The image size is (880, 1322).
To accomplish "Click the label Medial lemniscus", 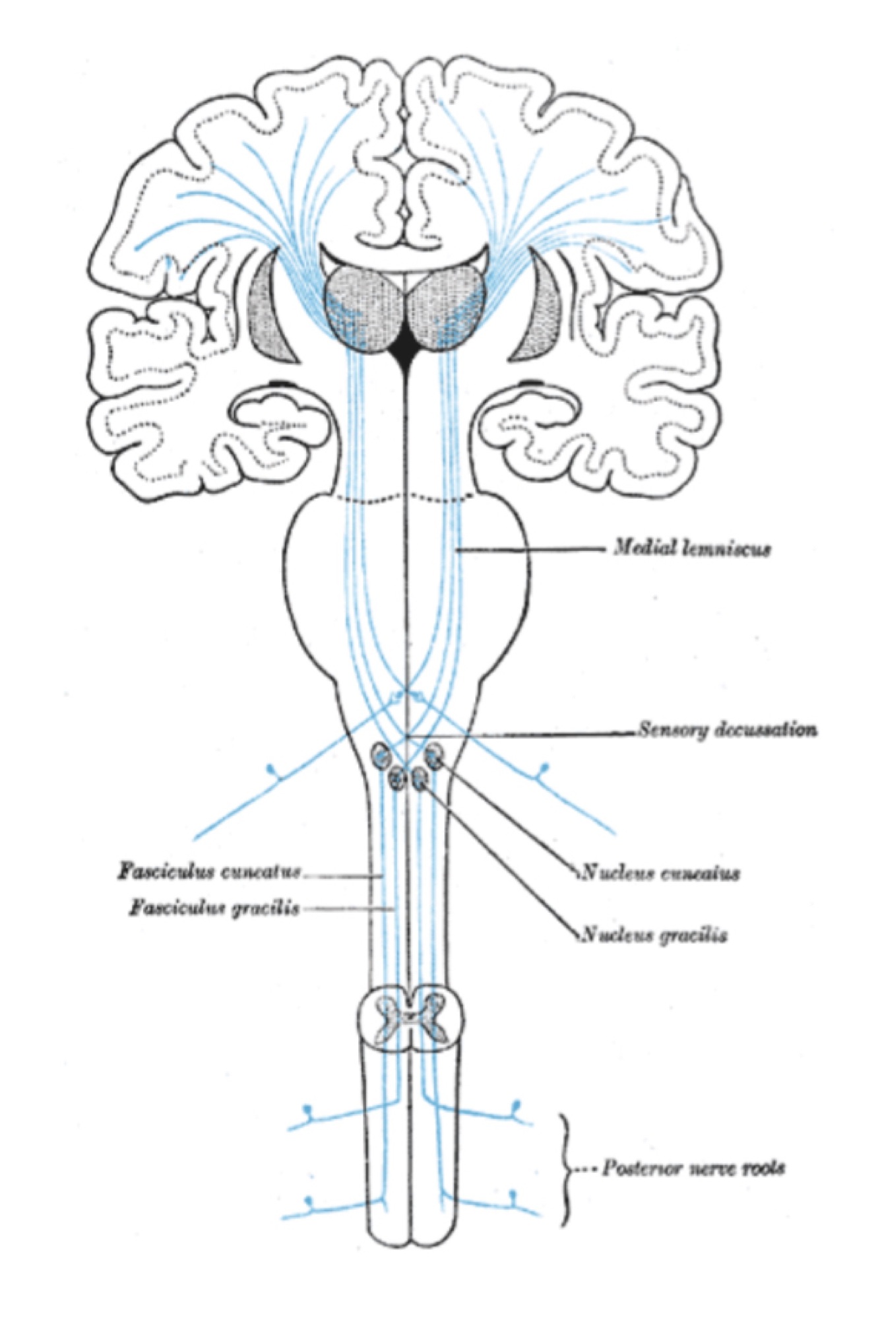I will pyautogui.click(x=691, y=548).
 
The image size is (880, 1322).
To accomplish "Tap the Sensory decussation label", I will pyautogui.click(x=727, y=730).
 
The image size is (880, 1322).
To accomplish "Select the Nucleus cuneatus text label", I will pyautogui.click(x=659, y=873).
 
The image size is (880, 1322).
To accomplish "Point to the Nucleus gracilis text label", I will pyautogui.click(x=654, y=935).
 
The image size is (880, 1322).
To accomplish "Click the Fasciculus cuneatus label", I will pyautogui.click(x=210, y=871).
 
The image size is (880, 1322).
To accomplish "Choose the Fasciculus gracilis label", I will pyautogui.click(x=214, y=908).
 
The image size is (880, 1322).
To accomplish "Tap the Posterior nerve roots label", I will pyautogui.click(x=693, y=1168).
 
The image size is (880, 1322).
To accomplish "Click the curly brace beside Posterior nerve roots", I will pyautogui.click(x=566, y=1169).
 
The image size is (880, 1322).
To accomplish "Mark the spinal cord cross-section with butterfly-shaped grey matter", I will pyautogui.click(x=411, y=1024).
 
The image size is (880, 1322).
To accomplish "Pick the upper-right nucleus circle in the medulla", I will pyautogui.click(x=435, y=754).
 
